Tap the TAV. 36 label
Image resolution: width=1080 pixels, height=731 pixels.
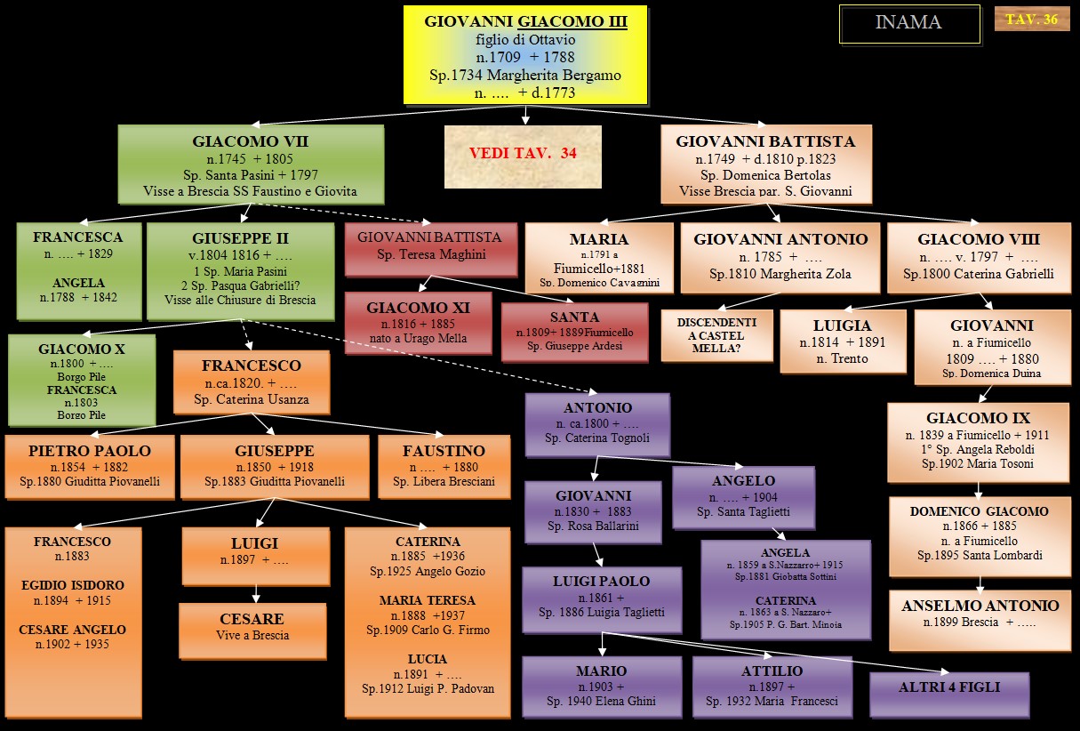pyautogui.click(x=1031, y=19)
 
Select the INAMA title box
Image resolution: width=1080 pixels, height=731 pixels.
pyautogui.click(x=908, y=23)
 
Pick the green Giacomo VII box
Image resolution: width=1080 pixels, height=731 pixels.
pyautogui.click(x=251, y=165)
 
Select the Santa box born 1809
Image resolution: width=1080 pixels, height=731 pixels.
pyautogui.click(x=574, y=331)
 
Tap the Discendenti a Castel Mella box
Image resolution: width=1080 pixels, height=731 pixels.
pyautogui.click(x=716, y=334)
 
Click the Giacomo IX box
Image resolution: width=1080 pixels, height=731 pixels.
pyautogui.click(x=977, y=439)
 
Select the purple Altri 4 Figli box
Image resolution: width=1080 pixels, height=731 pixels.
pyautogui.click(x=948, y=687)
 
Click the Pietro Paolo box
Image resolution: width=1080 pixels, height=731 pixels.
pyautogui.click(x=89, y=465)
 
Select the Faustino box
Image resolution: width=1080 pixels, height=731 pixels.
pyautogui.click(x=444, y=465)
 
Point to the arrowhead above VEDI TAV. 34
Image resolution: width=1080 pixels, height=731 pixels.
pyautogui.click(x=524, y=118)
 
